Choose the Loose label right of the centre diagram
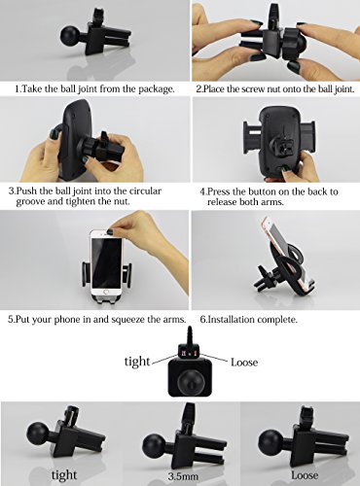coord(244,362)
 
